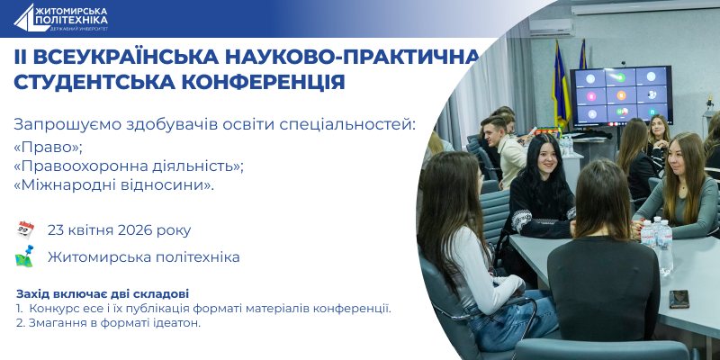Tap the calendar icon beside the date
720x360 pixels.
coord(24,229)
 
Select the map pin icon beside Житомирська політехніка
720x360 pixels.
coord(24,256)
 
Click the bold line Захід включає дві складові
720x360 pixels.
coord(103,294)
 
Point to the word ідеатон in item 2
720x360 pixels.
coord(175,322)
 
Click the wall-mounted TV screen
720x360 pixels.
coord(621,94)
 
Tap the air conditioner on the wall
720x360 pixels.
coord(551,26)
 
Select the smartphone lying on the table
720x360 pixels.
coord(679,298)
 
